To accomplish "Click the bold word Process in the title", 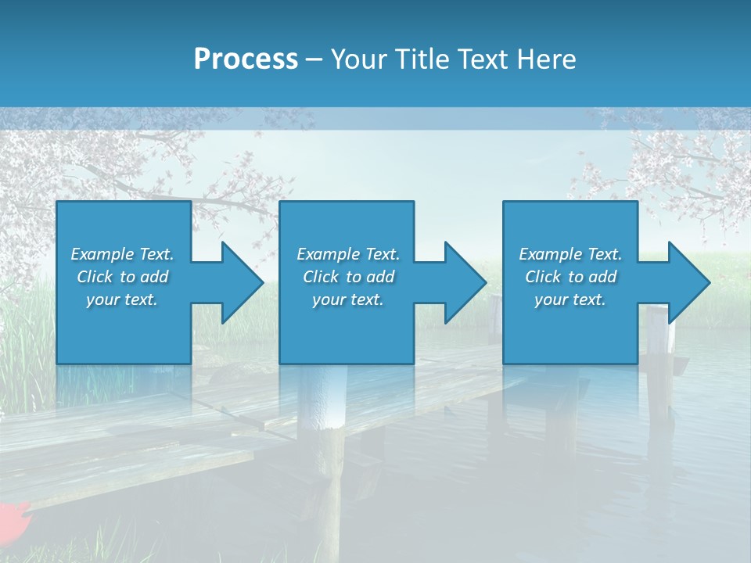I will pos(246,59).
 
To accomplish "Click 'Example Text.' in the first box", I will pos(122,254).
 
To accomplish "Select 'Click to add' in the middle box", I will pos(348,277).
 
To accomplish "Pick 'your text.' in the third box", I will pos(570,299).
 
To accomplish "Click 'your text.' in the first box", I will pos(122,299).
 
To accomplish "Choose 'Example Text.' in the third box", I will pos(570,254).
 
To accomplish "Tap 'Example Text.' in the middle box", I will pos(348,254).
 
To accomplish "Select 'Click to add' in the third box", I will pos(570,277).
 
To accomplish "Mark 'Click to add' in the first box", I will pos(122,277).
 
